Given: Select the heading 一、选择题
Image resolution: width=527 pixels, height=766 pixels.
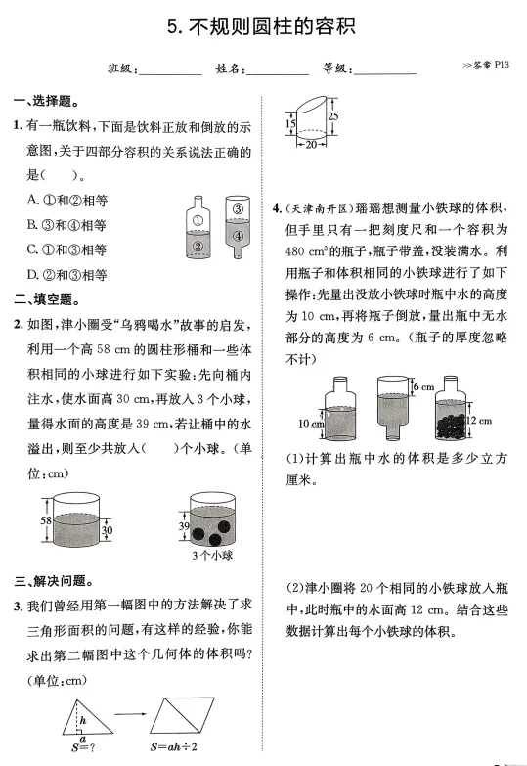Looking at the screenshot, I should click(x=46, y=101).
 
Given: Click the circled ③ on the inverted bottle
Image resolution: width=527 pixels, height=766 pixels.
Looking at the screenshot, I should click(x=235, y=208).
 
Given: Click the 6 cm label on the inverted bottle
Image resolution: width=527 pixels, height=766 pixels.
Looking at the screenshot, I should click(x=422, y=387).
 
